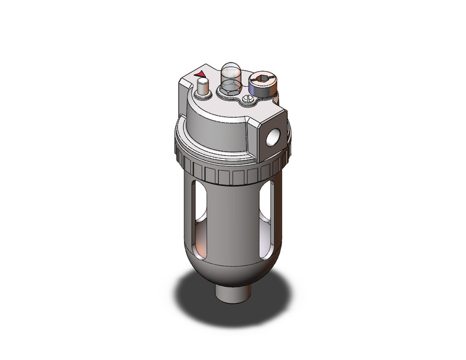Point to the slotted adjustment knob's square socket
coord(261,80)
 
